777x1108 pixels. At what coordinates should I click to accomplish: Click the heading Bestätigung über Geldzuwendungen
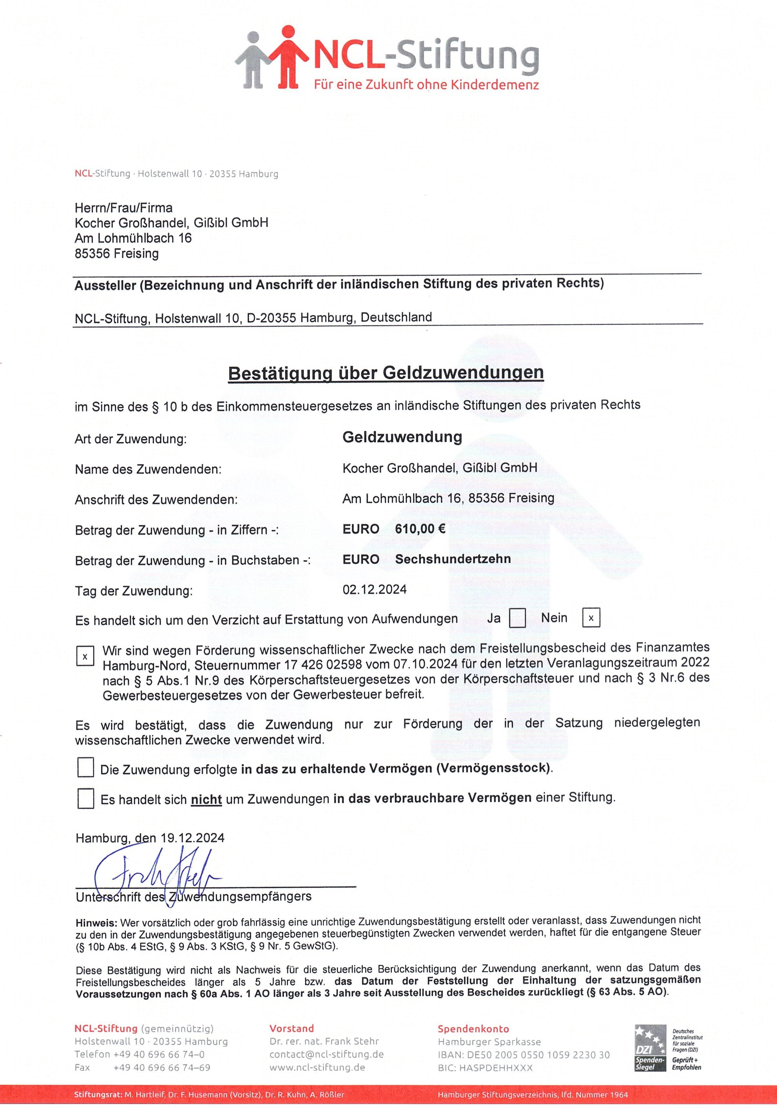(385, 373)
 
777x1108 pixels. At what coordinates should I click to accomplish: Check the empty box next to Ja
(517, 618)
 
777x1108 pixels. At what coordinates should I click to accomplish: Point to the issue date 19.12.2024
(192, 838)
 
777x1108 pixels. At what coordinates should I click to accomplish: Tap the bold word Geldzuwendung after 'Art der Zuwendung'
(402, 437)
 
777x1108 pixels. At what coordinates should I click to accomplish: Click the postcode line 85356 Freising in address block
(116, 253)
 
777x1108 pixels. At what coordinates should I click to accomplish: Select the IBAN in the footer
(523, 1055)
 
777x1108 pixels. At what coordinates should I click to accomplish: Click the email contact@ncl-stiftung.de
(326, 1054)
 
